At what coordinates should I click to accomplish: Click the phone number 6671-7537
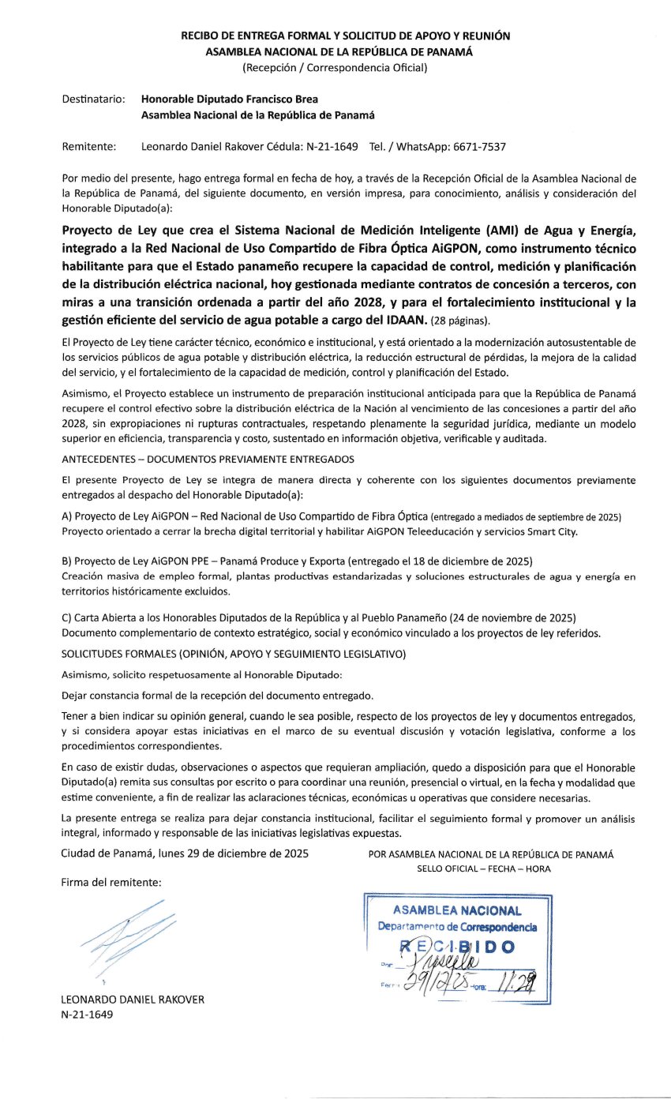click(x=478, y=147)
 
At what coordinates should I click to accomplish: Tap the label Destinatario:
click(x=93, y=99)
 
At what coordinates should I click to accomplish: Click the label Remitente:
click(x=88, y=147)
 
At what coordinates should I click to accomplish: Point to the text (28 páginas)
click(x=460, y=321)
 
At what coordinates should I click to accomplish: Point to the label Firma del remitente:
click(x=111, y=882)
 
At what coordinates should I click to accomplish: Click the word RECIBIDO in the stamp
click(x=457, y=946)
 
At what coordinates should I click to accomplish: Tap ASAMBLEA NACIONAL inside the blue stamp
click(x=456, y=911)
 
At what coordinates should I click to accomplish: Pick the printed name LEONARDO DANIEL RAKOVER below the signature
click(x=133, y=1000)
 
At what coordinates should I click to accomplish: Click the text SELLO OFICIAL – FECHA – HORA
click(x=484, y=869)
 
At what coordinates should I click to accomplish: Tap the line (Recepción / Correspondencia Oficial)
click(x=335, y=67)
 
